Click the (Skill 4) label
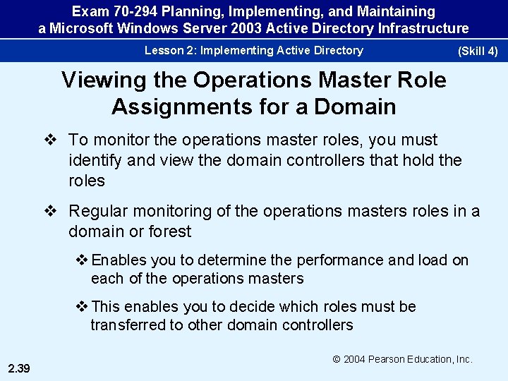[x=478, y=52]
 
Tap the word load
[x=433, y=260]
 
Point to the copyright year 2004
[x=357, y=359]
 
